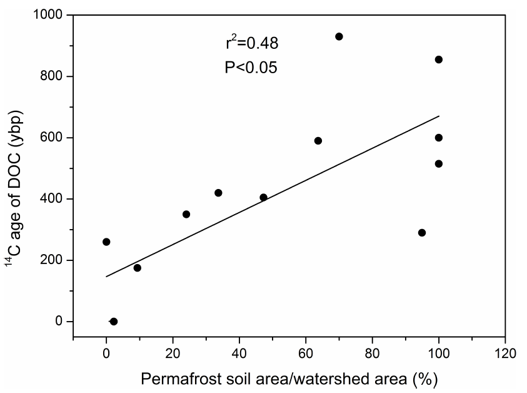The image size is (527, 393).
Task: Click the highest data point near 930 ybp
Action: [x=339, y=36]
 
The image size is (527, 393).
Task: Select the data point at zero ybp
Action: [x=114, y=322]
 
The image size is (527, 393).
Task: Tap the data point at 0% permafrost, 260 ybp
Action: [x=106, y=242]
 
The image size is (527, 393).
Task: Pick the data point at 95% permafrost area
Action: [x=422, y=233]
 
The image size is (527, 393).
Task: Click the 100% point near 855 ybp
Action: [x=439, y=59]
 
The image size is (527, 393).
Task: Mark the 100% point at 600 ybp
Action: [x=439, y=138]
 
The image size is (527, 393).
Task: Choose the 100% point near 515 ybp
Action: [x=439, y=164]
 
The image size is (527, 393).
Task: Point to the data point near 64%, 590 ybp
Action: [x=318, y=141]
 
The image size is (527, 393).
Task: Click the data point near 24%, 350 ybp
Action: [x=186, y=214]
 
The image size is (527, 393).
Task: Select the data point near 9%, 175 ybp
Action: [x=138, y=268]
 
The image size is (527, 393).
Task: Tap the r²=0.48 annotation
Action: [x=252, y=43]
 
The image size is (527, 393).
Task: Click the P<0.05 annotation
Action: [x=251, y=67]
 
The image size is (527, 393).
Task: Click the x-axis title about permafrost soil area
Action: [x=288, y=379]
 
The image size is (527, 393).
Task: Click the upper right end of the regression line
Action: [x=439, y=116]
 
